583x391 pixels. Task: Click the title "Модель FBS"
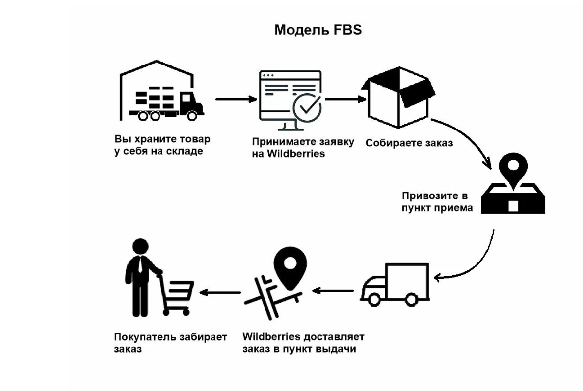tap(318, 30)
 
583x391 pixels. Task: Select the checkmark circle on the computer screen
tap(307, 108)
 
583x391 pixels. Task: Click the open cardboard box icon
tap(398, 97)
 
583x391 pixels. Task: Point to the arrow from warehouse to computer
tap(236, 99)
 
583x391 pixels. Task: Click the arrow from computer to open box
tap(345, 99)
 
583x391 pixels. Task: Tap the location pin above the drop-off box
tap(514, 170)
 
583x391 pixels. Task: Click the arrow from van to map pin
tap(333, 290)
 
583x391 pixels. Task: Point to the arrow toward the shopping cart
tap(220, 292)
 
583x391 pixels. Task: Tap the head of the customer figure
tap(140, 246)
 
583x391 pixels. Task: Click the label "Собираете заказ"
tap(409, 143)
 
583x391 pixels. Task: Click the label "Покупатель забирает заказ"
tap(170, 343)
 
